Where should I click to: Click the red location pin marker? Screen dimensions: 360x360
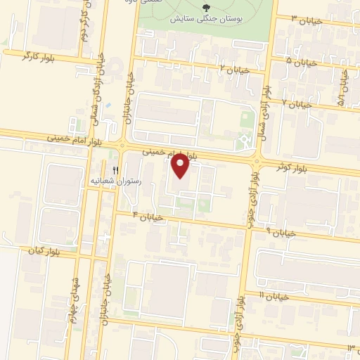coord(181,165)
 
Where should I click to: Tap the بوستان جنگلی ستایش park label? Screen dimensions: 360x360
coord(205,16)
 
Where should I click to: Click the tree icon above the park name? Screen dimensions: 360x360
coord(205,6)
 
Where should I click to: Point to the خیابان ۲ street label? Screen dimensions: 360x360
coord(236,69)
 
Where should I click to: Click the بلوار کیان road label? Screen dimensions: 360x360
coord(42,251)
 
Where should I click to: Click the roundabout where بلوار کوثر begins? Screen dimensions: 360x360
coord(257,162)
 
